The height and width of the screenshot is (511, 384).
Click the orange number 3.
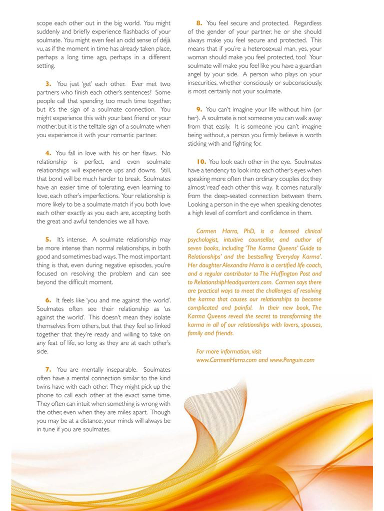point(48,84)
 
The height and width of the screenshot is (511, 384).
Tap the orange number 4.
point(48,153)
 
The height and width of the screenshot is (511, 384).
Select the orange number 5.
point(48,240)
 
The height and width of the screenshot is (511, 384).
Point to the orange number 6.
point(48,300)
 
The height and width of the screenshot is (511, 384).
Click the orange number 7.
point(48,369)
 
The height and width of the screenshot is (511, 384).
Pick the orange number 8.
point(199,23)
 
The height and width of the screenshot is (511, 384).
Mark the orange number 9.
point(198,109)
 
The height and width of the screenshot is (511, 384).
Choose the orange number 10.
point(201,162)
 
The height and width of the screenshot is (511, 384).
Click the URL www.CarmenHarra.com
point(226,360)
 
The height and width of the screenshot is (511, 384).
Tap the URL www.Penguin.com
point(292,360)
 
